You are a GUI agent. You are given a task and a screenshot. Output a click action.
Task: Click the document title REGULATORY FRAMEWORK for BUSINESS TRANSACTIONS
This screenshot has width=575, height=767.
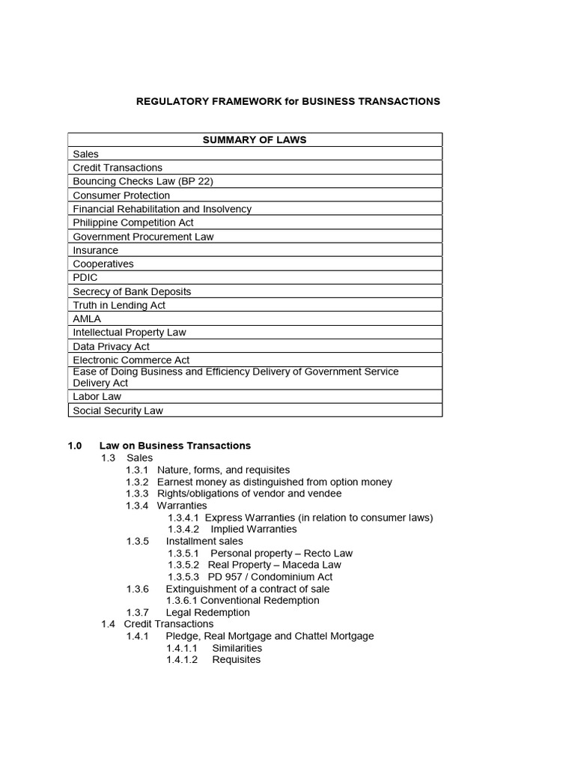[288, 101]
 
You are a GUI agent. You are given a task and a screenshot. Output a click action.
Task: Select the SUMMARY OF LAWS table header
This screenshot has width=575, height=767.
[255, 139]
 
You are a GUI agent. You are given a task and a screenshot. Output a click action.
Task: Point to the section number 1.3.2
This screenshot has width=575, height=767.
[137, 482]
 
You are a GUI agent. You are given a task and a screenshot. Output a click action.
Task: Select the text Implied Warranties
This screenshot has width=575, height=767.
[243, 529]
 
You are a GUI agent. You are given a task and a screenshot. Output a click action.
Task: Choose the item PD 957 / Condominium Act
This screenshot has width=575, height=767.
[270, 577]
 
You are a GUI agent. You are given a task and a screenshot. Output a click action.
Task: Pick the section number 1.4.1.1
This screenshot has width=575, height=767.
[182, 648]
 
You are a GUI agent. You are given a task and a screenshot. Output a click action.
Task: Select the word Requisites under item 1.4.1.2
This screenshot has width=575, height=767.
[236, 660]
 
